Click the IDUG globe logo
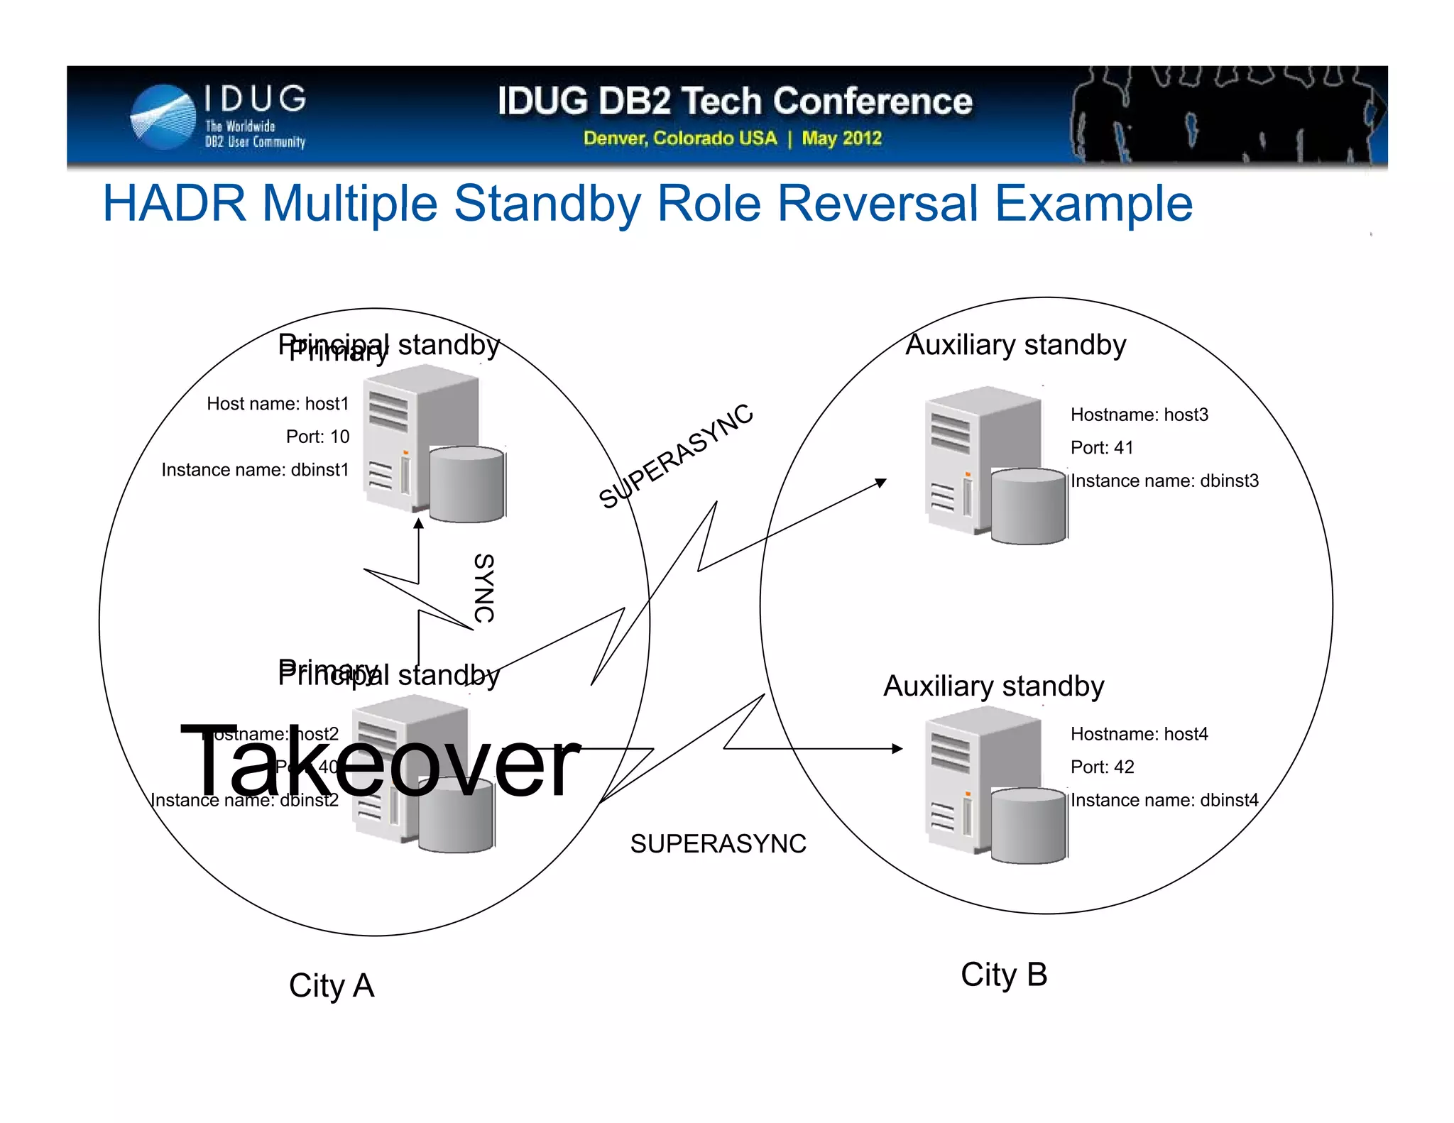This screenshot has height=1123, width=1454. coord(163,117)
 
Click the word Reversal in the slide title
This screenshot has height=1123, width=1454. coord(878,204)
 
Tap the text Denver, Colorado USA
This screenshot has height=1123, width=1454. coord(679,138)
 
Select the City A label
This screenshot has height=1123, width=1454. coord(331,985)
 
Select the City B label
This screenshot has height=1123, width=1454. coord(1003,975)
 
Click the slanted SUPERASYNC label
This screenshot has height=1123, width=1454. coord(675,456)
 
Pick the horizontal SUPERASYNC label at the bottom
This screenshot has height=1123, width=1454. coord(718,844)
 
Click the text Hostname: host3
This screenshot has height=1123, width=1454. coord(1139,415)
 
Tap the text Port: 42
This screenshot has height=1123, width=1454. coord(1102,767)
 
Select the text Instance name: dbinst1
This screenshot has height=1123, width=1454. coord(255,470)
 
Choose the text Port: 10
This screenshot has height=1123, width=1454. coord(317,437)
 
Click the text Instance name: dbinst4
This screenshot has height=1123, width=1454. coord(1164,800)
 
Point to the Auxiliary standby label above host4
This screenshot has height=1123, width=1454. coord(993,686)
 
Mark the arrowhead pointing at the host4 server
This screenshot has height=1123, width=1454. coord(897,748)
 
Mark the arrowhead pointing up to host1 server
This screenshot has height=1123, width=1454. coord(419,524)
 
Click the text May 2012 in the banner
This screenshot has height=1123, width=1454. coord(841,138)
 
